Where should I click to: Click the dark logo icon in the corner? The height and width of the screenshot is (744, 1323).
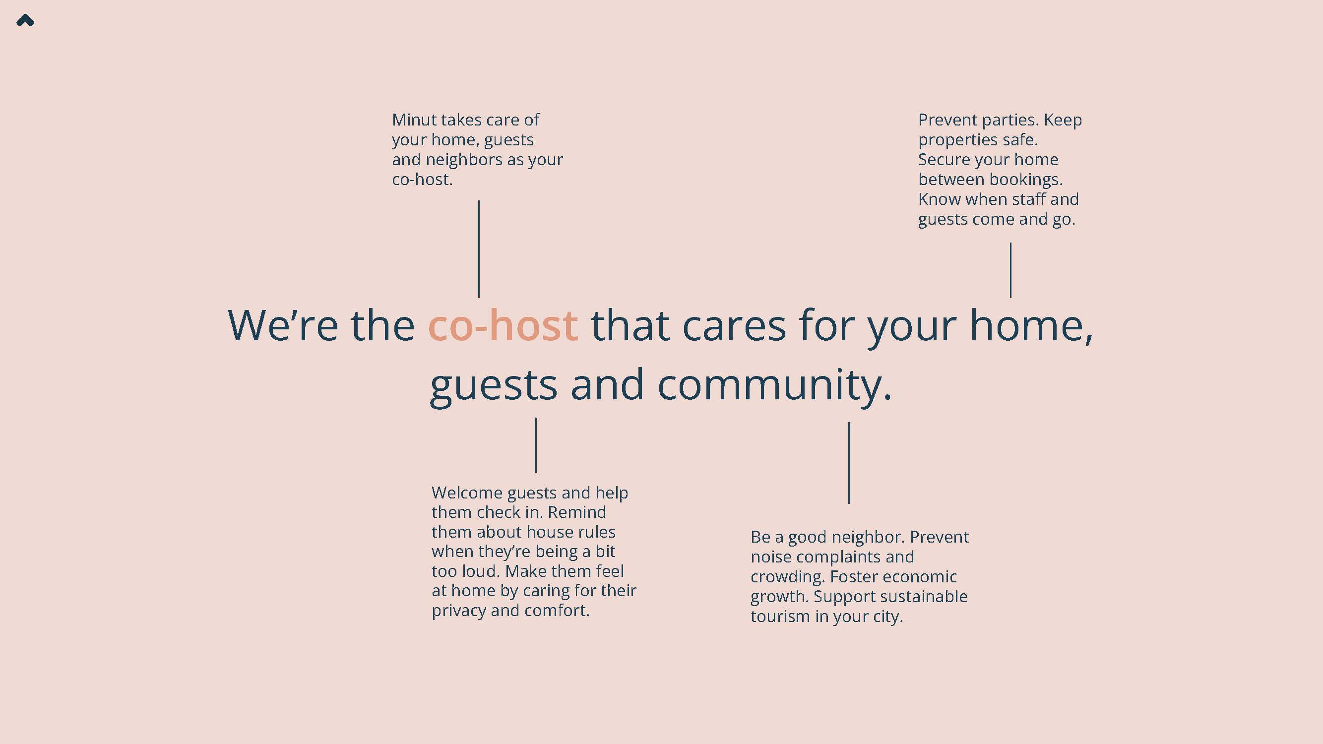25,20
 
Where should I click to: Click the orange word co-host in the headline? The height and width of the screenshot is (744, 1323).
503,325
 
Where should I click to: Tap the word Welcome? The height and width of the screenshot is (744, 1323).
467,493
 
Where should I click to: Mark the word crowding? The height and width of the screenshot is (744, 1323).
787,577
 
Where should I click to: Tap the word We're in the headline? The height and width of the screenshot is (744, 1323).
283,325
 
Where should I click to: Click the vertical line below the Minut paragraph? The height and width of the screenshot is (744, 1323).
479,249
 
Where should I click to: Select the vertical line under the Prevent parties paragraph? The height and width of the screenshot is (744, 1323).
1010,270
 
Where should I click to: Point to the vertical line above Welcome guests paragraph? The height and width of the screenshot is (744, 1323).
536,445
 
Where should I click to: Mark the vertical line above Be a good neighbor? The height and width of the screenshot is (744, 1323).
849,463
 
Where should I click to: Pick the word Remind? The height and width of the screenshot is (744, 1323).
577,512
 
